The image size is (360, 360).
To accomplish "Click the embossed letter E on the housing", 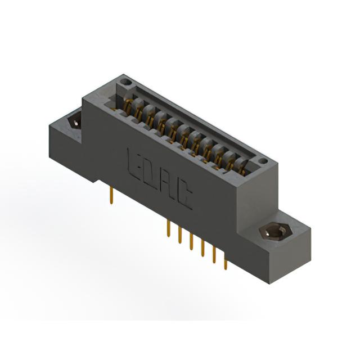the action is (133, 163).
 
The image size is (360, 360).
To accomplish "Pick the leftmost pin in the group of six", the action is (169, 228).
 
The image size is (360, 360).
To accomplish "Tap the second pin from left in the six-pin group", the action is (180, 235).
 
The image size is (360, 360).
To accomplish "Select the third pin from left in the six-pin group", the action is (191, 241).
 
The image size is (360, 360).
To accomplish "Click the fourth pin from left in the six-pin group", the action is (202, 248).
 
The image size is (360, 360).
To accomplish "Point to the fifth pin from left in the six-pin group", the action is (214, 255).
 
